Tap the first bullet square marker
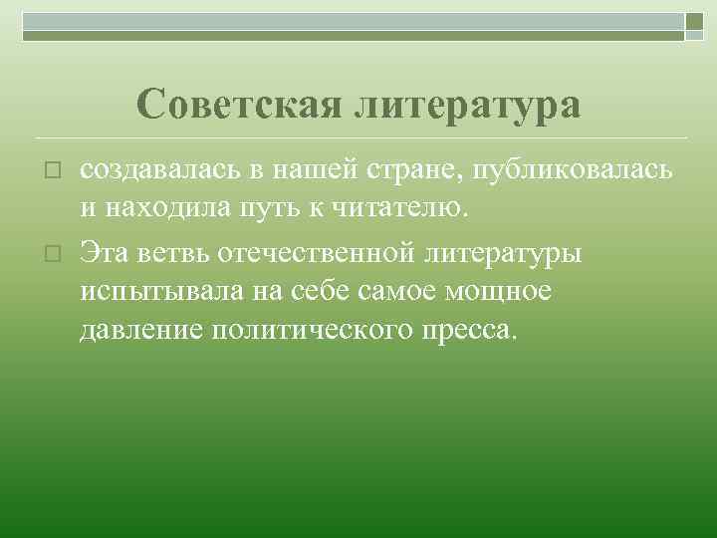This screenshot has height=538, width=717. click(55, 173)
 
